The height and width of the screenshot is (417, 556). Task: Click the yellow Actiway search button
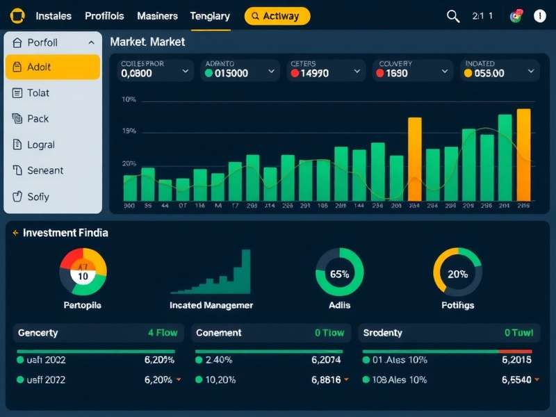pos(277,16)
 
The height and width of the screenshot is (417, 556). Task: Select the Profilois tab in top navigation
pos(104,16)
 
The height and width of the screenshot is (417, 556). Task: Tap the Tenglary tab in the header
pos(209,16)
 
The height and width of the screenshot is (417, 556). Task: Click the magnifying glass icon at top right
pos(453,16)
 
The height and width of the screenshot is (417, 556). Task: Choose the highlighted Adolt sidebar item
pos(53,67)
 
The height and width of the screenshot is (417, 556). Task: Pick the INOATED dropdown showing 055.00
pos(500,69)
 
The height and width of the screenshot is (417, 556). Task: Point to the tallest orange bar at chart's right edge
pos(523,154)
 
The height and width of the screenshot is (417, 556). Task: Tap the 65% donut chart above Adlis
pos(339,273)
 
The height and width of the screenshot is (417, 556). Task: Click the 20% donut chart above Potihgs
pos(457,273)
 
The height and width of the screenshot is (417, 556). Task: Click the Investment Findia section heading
pos(65,233)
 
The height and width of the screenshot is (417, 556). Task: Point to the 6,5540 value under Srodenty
pos(516,380)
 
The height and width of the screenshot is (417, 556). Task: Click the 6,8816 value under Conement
pos(326,380)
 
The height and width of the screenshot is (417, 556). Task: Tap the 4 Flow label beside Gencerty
pos(163,333)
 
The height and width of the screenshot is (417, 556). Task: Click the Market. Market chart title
pos(147,42)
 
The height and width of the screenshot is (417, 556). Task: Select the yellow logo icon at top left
pos(17,16)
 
